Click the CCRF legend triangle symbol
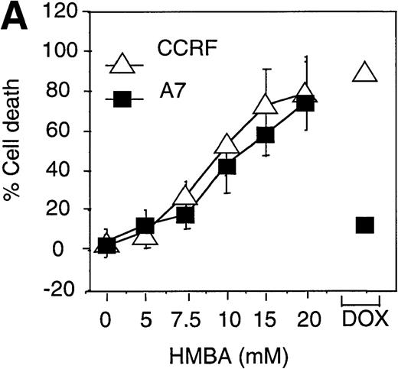122,64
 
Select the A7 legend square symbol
122,99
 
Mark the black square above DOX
364,225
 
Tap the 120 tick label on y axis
67,12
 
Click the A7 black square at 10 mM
227,167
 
